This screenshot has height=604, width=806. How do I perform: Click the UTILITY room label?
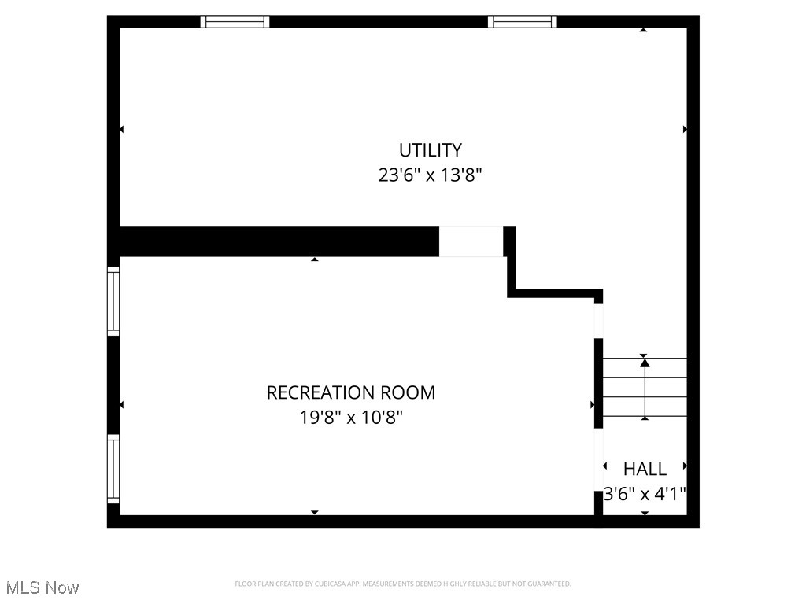[x=430, y=149]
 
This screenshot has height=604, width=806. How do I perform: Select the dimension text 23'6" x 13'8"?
[x=430, y=175]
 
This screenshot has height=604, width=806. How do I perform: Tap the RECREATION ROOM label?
[x=350, y=392]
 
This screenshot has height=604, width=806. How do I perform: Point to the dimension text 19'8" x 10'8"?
[x=350, y=417]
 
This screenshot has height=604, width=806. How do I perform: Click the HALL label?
[x=645, y=469]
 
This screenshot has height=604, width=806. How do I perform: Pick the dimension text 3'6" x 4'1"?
[x=645, y=494]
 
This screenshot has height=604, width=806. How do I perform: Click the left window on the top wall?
[x=235, y=22]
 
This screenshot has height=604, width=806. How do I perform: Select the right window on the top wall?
[x=522, y=22]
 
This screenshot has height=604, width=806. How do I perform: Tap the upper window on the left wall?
[x=113, y=301]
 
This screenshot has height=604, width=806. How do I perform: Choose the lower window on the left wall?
[x=113, y=470]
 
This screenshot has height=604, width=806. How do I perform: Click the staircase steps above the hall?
[x=645, y=388]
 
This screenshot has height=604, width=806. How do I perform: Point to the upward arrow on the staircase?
[x=645, y=363]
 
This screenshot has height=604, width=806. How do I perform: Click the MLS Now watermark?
[x=43, y=587]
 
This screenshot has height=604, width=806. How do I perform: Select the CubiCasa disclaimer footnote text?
[x=402, y=584]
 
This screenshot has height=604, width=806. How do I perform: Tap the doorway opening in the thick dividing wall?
[x=471, y=241]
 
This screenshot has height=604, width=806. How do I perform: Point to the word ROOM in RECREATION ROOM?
[x=405, y=392]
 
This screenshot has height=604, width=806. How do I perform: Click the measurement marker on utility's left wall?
[x=121, y=129]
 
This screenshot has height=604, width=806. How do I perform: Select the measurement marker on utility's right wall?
[x=685, y=129]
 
